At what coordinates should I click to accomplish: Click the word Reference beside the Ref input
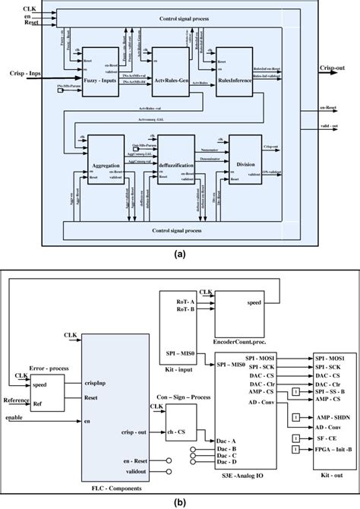[17, 397]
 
